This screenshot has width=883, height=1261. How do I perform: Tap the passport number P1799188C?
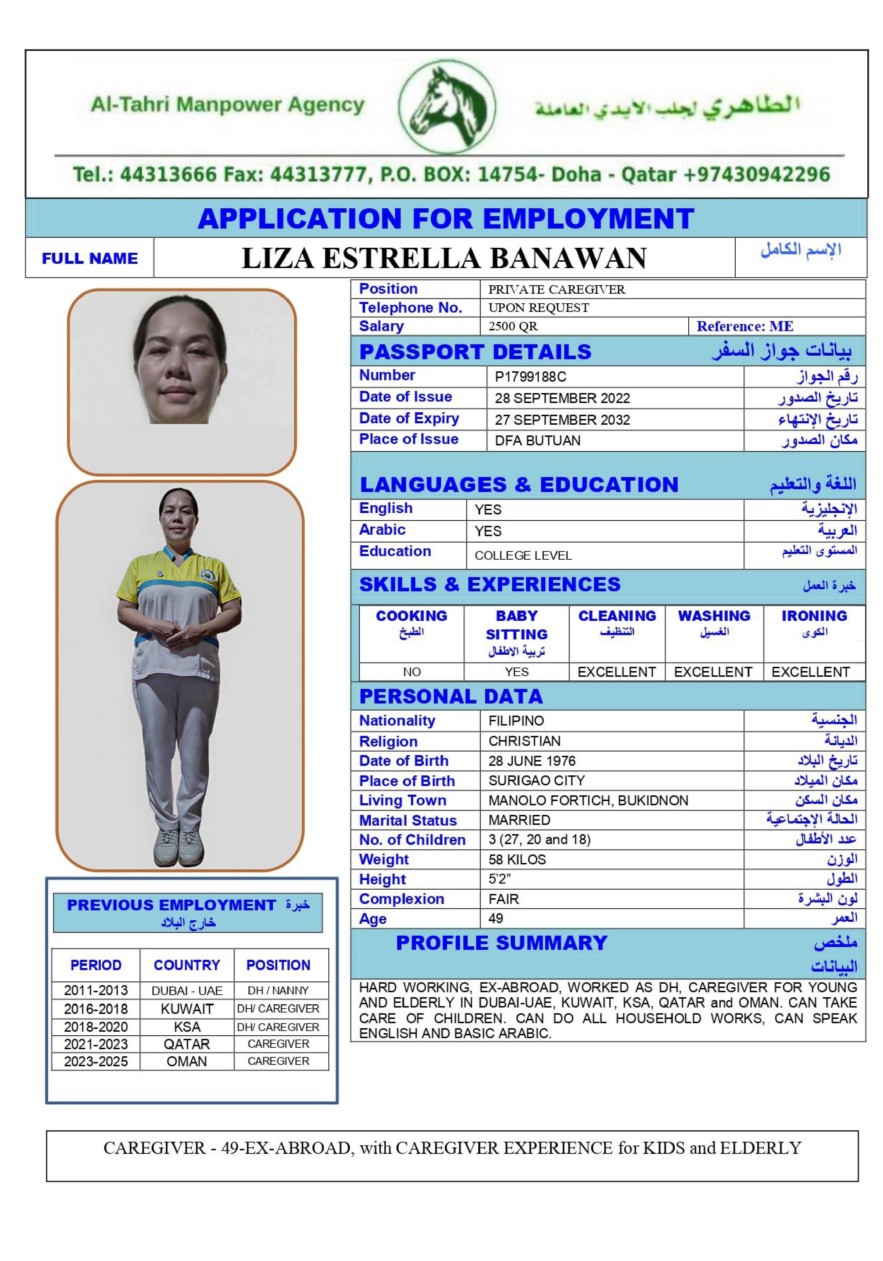530,377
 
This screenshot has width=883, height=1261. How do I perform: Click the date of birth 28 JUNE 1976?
532,761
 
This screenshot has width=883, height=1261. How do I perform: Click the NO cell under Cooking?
411,672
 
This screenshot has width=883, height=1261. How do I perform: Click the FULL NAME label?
89,258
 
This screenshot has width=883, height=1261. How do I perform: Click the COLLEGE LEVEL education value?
523,555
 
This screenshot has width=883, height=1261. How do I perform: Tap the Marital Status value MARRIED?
519,820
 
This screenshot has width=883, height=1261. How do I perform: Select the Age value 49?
495,918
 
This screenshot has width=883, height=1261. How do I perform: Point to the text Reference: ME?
745,326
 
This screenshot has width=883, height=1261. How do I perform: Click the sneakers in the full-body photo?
180,847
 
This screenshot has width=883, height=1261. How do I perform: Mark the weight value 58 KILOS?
517,859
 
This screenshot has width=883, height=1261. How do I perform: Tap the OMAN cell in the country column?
187,1061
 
